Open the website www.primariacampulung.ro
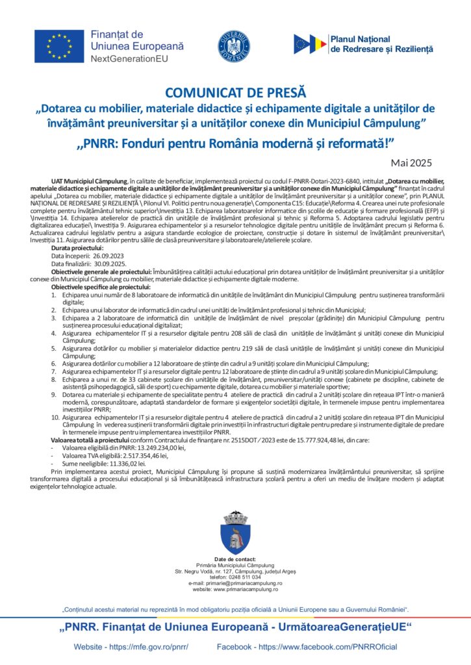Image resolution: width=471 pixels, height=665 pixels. point(247,589)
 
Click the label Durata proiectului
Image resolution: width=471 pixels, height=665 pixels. point(77,249)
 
